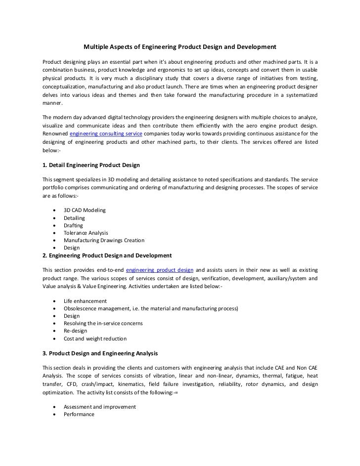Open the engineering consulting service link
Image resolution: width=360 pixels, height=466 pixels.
pyautogui.click(x=106, y=134)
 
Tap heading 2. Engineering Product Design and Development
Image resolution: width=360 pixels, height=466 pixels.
pyautogui.click(x=107, y=255)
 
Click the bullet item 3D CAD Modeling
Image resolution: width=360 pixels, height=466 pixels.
pyautogui.click(x=85, y=210)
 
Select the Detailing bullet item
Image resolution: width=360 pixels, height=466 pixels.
pyautogui.click(x=74, y=218)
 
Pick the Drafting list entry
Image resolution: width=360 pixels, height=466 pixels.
pyautogui.click(x=73, y=225)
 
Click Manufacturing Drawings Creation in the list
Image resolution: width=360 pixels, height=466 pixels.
pyautogui.click(x=104, y=240)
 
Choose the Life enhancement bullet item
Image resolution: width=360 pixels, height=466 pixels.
pyautogui.click(x=85, y=301)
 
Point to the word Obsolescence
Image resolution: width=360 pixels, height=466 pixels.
pyautogui.click(x=81, y=308)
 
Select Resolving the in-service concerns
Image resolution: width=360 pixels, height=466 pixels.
pyautogui.click(x=103, y=323)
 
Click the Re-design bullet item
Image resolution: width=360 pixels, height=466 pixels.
pyautogui.click(x=75, y=331)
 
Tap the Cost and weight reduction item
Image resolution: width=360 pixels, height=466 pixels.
pyautogui.click(x=95, y=339)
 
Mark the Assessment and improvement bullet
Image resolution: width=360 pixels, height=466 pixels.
pyautogui.click(x=100, y=407)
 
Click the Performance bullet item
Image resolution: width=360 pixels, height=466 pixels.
pyautogui.click(x=79, y=414)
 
